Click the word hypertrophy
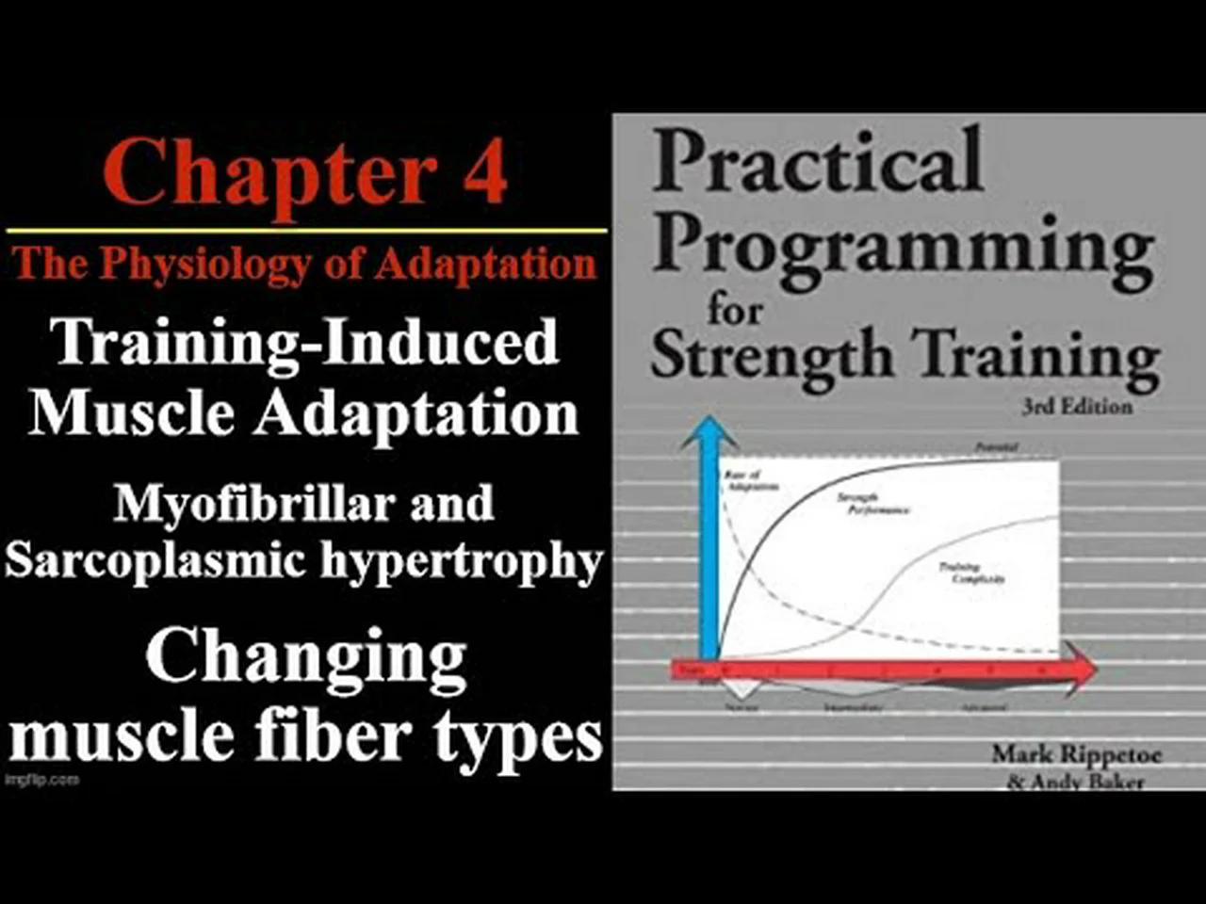[x=462, y=562]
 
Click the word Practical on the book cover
[x=817, y=162]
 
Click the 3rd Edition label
[x=1077, y=407]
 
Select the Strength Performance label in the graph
[x=872, y=504]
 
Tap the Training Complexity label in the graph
[x=970, y=573]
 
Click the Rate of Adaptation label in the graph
[x=751, y=480]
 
